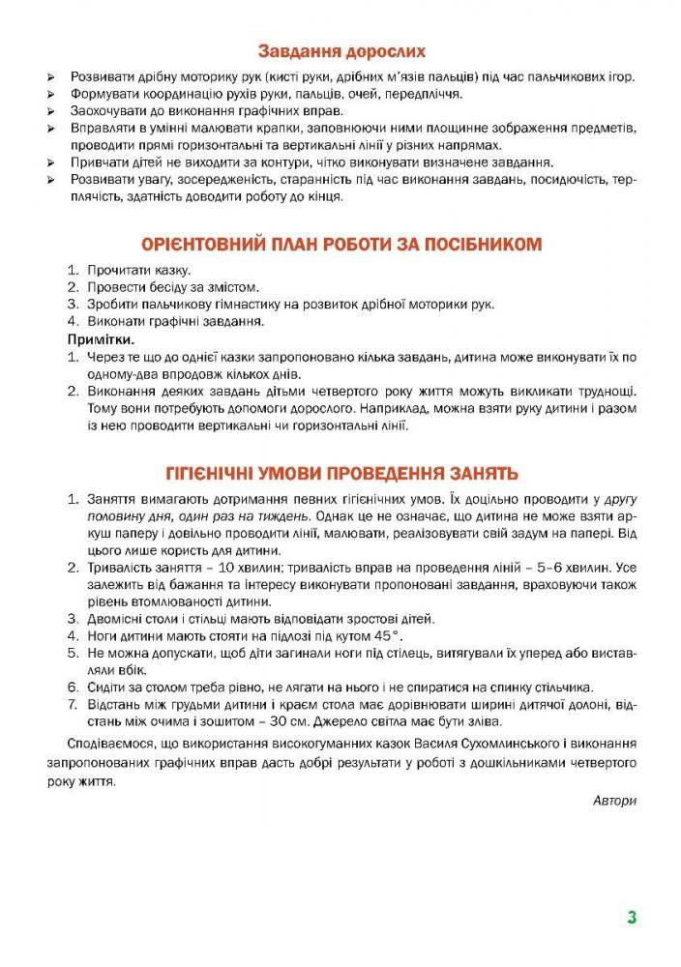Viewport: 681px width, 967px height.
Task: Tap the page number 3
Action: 631,918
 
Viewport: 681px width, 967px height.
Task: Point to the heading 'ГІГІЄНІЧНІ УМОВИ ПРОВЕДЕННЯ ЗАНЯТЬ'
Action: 340,474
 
